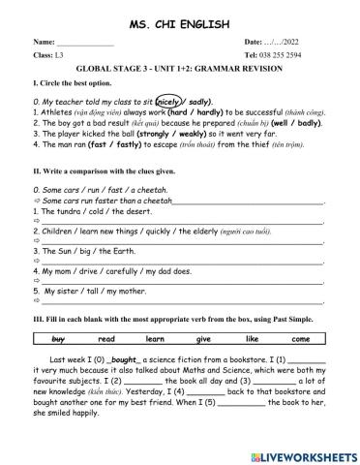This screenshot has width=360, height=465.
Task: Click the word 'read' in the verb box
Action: (x=106, y=338)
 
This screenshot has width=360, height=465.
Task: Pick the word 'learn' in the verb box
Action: (x=155, y=338)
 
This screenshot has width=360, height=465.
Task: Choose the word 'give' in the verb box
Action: (x=203, y=338)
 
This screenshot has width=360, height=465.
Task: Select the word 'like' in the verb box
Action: (x=252, y=338)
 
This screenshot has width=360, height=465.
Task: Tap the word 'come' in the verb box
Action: (x=301, y=338)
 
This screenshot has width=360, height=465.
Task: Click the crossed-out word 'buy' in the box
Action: (x=57, y=338)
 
